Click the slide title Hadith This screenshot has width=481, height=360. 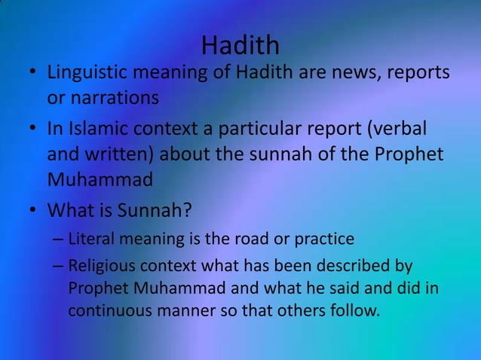pos(240,45)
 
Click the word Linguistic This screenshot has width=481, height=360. pos(88,74)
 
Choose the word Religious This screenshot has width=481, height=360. pos(100,266)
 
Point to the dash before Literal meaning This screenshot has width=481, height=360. pos(57,240)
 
